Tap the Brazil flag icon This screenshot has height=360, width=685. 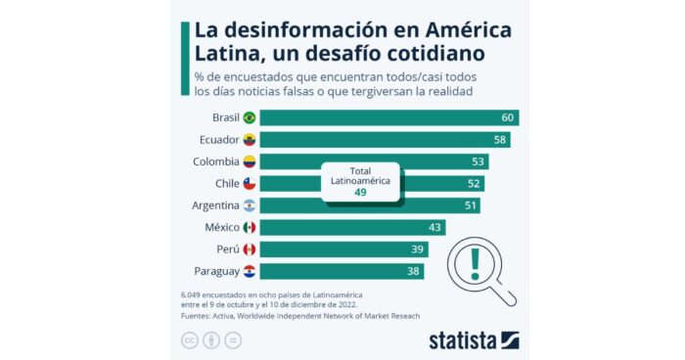[x=250, y=117]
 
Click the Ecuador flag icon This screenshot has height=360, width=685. [x=250, y=140]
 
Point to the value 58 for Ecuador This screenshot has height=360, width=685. [x=500, y=140]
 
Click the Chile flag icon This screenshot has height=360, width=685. [x=250, y=184]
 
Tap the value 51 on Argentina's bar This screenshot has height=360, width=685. [x=472, y=205]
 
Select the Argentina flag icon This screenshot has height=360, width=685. [x=250, y=205]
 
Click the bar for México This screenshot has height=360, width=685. [x=352, y=228]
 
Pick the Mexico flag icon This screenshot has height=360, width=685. [x=250, y=228]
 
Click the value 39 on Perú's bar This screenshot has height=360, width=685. [x=418, y=249]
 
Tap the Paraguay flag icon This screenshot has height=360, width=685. [x=250, y=271]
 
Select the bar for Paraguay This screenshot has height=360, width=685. [x=342, y=271]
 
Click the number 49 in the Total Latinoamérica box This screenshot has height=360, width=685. [x=361, y=193]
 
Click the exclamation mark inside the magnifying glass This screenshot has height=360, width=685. [x=476, y=261]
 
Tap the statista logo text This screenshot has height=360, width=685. [x=462, y=339]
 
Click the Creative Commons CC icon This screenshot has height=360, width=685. [x=188, y=339]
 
